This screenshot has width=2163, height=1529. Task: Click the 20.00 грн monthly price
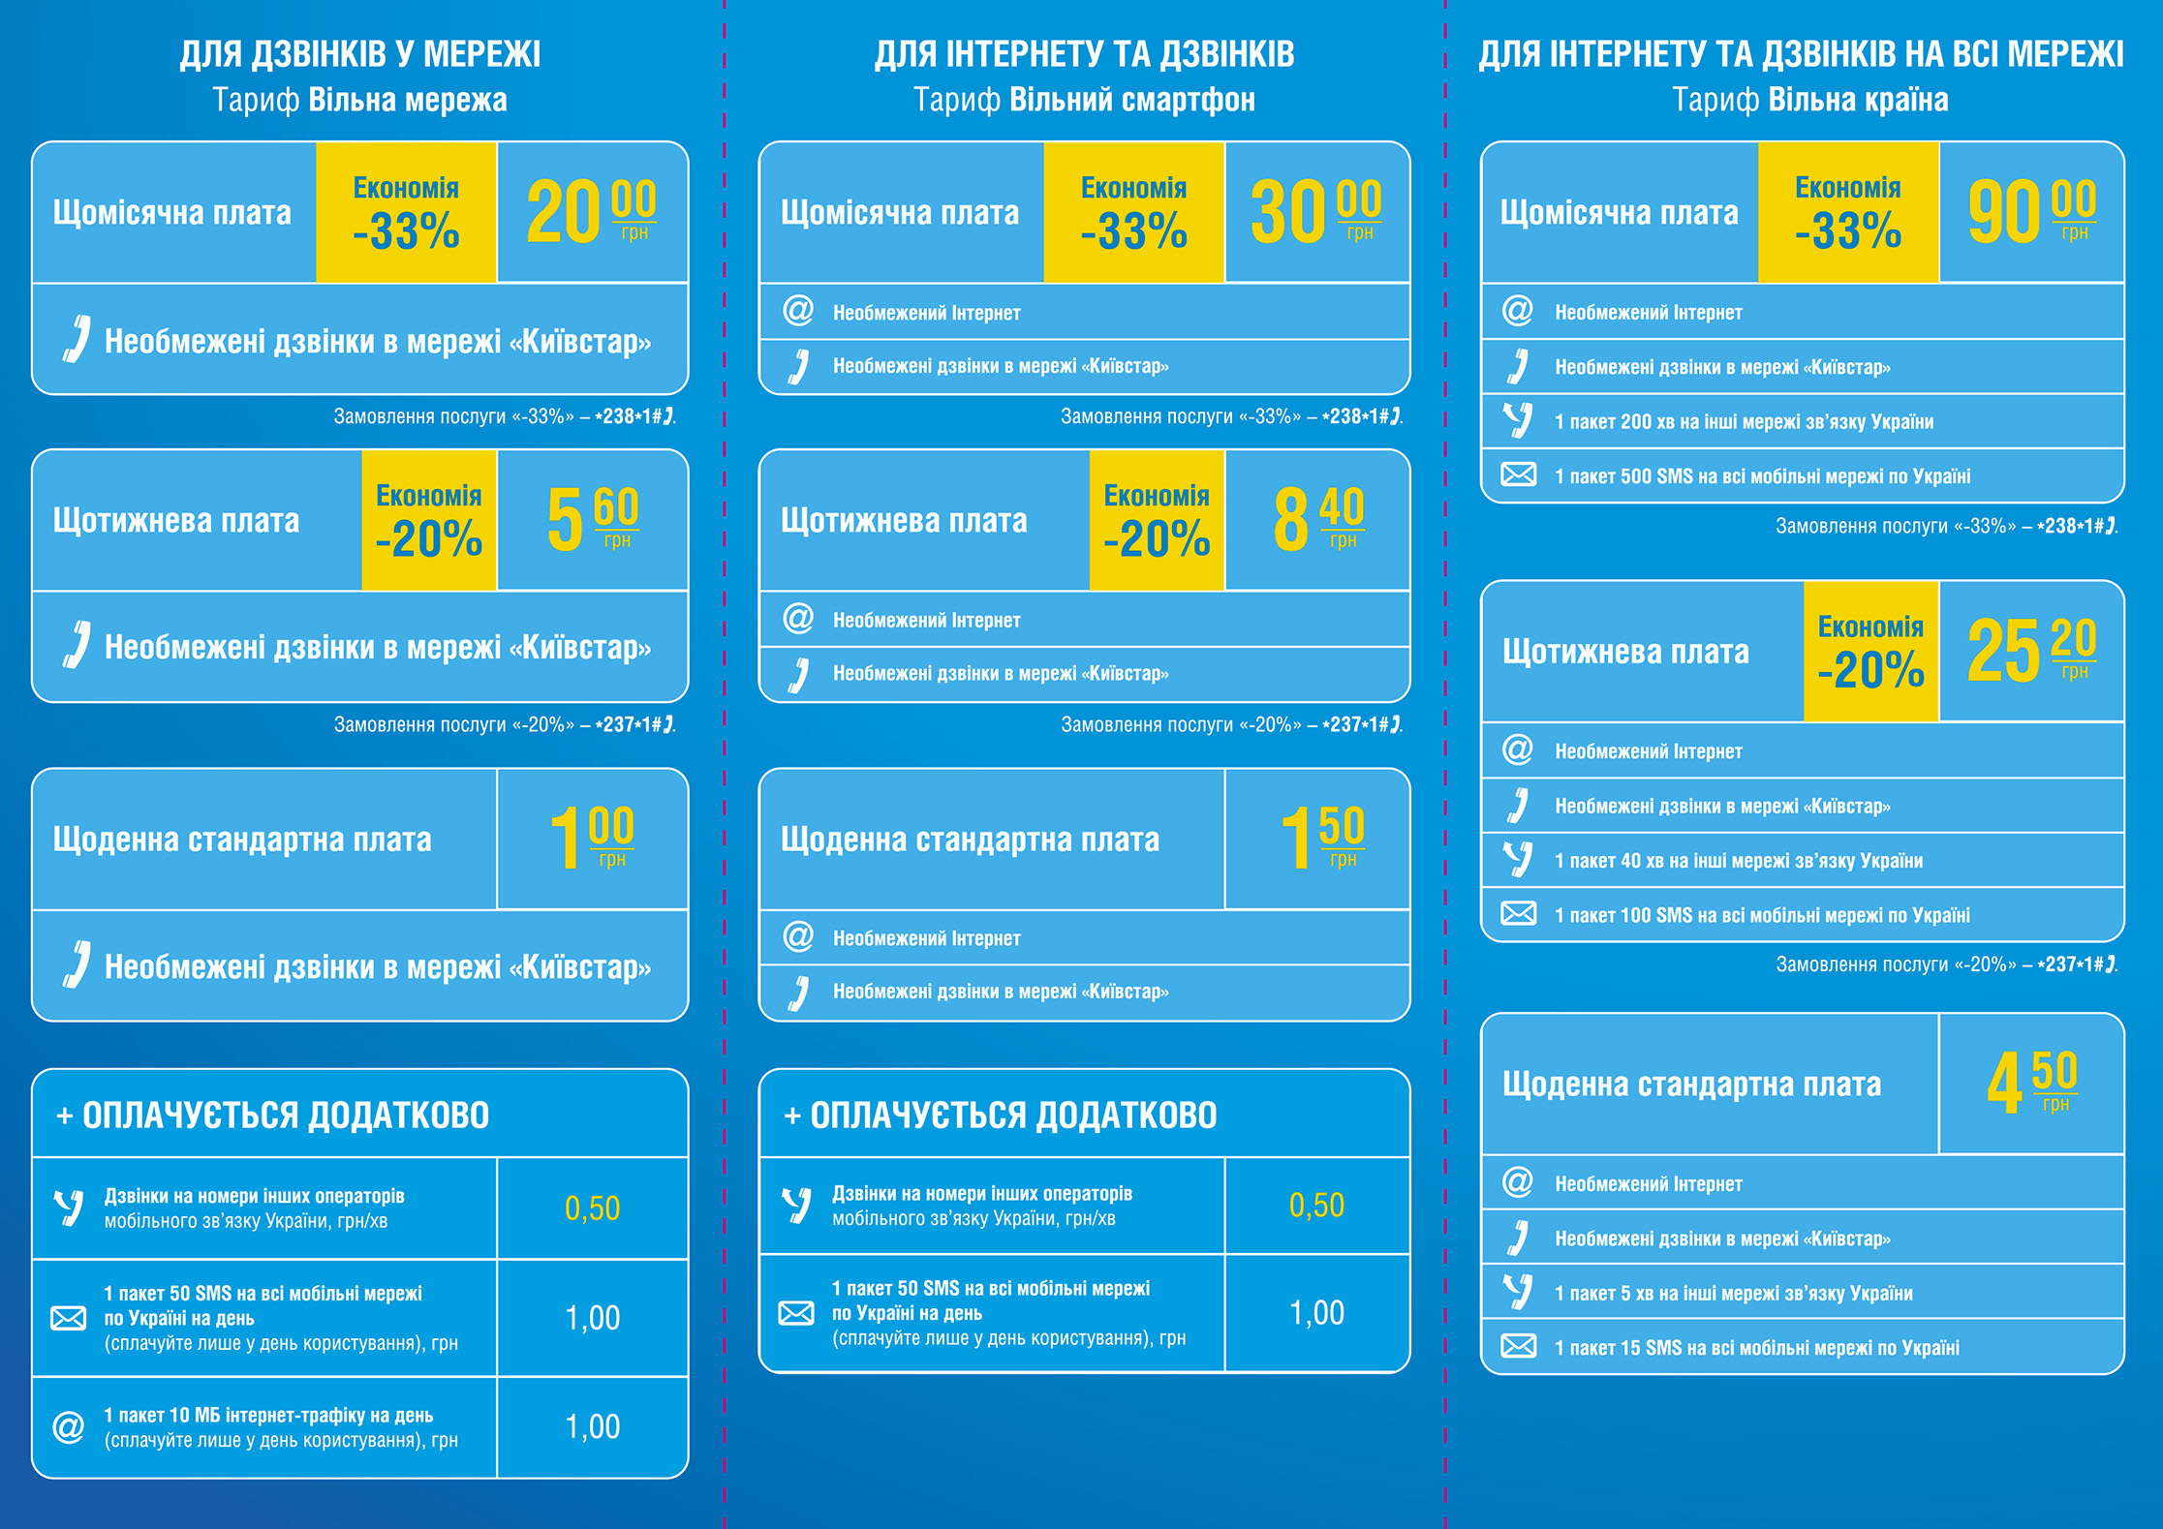pyautogui.click(x=591, y=212)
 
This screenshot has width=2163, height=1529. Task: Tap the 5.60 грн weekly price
pyautogui.click(x=592, y=520)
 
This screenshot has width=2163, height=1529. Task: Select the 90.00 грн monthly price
pyautogui.click(x=2031, y=212)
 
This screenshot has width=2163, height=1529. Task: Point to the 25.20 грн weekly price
pyautogui.click(x=2031, y=651)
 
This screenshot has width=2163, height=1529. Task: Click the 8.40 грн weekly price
pyautogui.click(x=1317, y=520)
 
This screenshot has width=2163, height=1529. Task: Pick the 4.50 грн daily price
pyautogui.click(x=2031, y=1084)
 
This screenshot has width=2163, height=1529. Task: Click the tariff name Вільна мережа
pyautogui.click(x=408, y=100)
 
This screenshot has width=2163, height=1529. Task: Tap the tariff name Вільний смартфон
pyautogui.click(x=1132, y=100)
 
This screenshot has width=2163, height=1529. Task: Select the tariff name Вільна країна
pyautogui.click(x=1858, y=100)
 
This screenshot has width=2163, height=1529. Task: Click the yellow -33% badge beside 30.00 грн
pyautogui.click(x=1133, y=212)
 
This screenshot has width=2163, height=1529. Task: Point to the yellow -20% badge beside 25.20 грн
pyautogui.click(x=1870, y=651)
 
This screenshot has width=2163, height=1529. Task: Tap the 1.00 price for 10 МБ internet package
pyautogui.click(x=592, y=1426)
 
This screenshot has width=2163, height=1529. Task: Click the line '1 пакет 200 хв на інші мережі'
pyautogui.click(x=1744, y=421)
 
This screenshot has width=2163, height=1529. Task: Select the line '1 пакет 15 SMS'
pyautogui.click(x=1756, y=1347)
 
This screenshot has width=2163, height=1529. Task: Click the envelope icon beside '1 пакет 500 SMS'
pyautogui.click(x=1518, y=474)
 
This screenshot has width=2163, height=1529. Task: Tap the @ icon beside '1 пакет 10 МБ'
pyautogui.click(x=68, y=1426)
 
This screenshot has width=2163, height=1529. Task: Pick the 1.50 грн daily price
pyautogui.click(x=1321, y=839)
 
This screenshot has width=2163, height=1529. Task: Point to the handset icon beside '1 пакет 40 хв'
pyautogui.click(x=1518, y=859)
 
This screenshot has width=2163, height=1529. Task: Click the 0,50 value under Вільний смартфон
pyautogui.click(x=1316, y=1205)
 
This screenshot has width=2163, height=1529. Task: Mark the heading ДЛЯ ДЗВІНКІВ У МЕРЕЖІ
pyautogui.click(x=359, y=54)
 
